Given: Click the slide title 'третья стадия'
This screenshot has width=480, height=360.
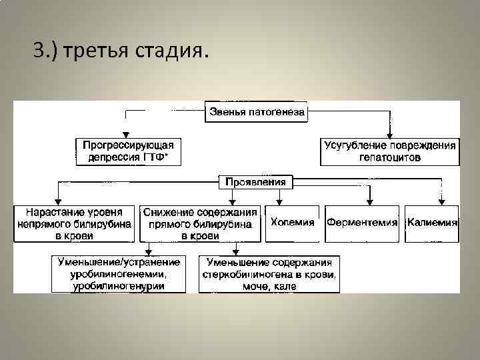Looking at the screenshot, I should [120, 51].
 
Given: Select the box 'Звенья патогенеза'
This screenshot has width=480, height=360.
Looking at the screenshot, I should [257, 112].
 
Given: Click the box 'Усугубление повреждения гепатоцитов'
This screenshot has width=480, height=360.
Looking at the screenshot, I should [390, 151].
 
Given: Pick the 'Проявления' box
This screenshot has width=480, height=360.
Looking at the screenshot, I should [256, 181].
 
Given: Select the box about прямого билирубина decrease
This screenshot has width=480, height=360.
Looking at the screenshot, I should [200, 223].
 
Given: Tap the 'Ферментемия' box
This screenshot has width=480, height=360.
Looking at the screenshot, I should [362, 223].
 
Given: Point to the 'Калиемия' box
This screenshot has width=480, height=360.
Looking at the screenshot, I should [432, 223].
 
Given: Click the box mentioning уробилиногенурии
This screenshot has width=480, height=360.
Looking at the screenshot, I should [118, 273].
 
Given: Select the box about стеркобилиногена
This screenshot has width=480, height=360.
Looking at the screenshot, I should [269, 273].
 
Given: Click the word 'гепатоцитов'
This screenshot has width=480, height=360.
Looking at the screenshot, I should [390, 157].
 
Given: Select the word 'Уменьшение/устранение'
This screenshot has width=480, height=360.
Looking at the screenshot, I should [118, 262].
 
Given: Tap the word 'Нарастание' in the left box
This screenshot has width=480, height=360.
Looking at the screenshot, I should [50, 212].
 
